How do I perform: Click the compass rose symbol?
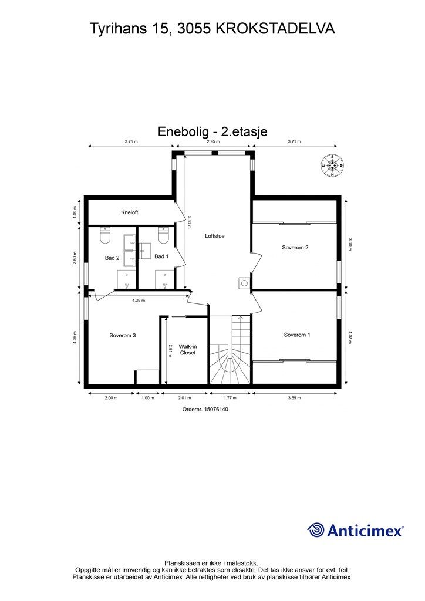point(333,165)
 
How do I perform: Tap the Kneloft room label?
point(129,212)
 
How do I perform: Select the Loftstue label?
point(215,236)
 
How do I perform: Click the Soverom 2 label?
point(295,247)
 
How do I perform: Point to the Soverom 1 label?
point(296,335)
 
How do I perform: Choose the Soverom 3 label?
point(123,335)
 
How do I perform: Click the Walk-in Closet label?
point(188,350)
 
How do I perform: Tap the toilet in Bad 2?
point(106,235)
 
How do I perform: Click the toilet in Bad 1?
point(164,235)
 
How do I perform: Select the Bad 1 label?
point(161,256)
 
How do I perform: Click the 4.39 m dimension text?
point(139,300)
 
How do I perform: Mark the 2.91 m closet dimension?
point(170,350)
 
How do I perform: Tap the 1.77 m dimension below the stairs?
point(230,397)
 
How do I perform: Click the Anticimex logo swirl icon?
point(316,530)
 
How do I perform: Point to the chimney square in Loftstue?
point(244,283)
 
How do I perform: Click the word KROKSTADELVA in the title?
point(276,28)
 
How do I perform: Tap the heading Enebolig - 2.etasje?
point(212,131)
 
